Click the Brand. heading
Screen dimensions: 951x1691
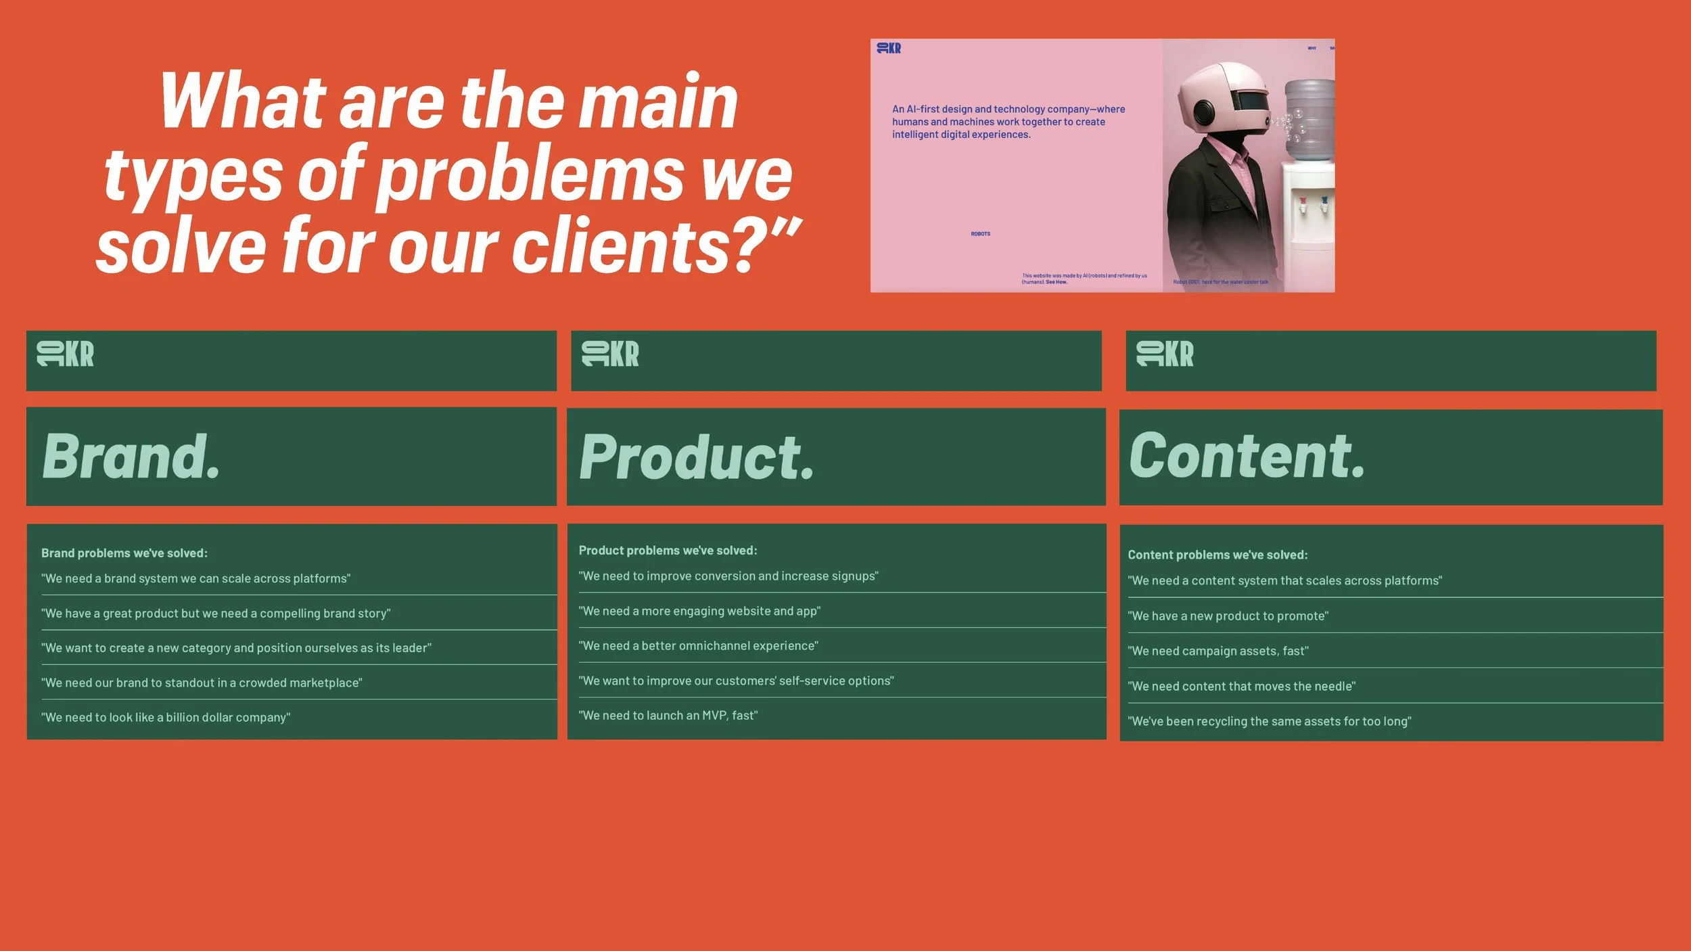(131, 457)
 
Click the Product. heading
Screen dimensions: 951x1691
(697, 458)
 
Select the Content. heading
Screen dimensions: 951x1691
(1247, 457)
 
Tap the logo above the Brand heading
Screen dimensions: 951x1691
(66, 354)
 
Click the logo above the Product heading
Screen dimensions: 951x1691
(610, 354)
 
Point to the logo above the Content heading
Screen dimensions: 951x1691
(1165, 354)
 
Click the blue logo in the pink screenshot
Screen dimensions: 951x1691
(889, 48)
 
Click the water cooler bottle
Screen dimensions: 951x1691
(1309, 118)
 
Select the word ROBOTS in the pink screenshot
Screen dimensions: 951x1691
(980, 234)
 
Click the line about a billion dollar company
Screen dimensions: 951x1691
(166, 718)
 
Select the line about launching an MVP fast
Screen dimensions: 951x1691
(668, 716)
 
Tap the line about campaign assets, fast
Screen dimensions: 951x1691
(1218, 651)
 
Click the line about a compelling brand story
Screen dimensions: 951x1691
(216, 613)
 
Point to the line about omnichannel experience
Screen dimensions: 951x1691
(698, 646)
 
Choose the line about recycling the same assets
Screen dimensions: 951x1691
(1269, 721)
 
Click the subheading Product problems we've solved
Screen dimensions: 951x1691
(668, 551)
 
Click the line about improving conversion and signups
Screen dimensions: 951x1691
(728, 576)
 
